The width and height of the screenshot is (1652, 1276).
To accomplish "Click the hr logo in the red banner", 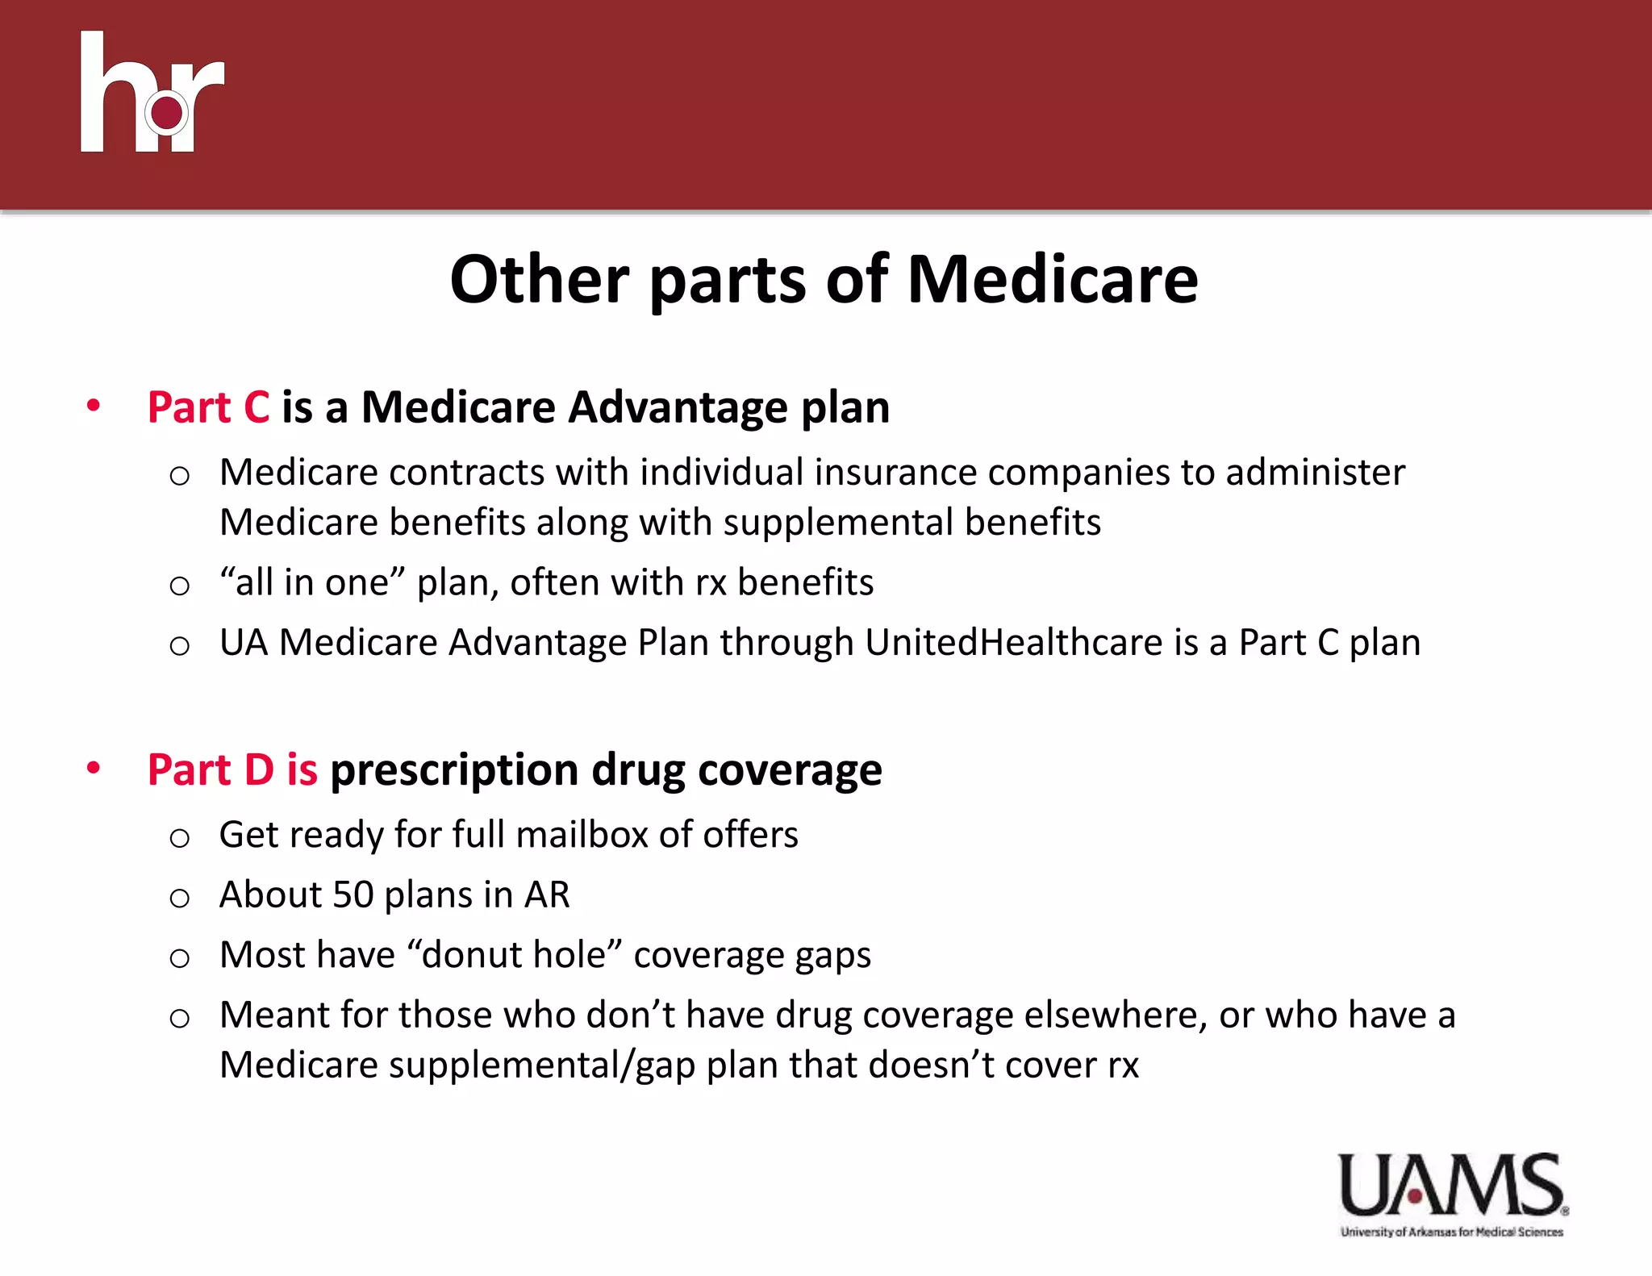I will (x=152, y=94).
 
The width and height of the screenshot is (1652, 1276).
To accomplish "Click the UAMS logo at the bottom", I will (x=1452, y=1193).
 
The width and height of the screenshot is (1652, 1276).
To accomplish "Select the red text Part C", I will (x=208, y=407).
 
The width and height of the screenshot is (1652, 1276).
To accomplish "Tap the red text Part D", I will (x=211, y=769).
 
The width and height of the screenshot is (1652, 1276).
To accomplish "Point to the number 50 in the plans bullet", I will (x=353, y=894).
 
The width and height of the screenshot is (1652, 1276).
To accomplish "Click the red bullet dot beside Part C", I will (x=94, y=405).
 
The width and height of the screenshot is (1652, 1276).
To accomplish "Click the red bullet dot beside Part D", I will (x=94, y=767).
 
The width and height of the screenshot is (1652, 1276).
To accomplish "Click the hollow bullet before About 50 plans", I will (x=180, y=898).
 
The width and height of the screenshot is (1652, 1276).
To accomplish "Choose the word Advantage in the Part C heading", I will (x=678, y=407).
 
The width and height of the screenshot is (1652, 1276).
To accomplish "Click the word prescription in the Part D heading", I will (x=454, y=770).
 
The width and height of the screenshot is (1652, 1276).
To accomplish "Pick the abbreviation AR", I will (x=547, y=894).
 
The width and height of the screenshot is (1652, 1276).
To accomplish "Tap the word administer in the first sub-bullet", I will (x=1315, y=473).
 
